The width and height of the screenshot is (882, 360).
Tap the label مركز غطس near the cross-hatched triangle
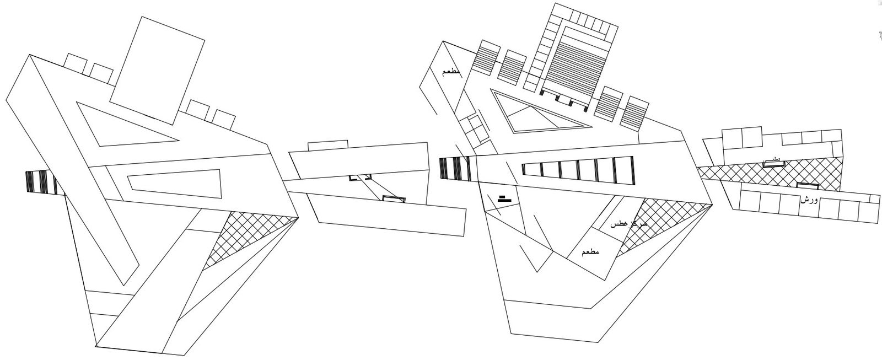628,225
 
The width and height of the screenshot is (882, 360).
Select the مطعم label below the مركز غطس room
590,252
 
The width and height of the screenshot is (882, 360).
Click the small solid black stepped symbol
502,198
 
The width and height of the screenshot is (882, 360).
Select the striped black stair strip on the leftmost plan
41,182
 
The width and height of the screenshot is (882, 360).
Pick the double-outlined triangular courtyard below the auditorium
537,113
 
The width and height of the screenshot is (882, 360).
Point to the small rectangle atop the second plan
327,144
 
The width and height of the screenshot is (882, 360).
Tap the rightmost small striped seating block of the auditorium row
637,113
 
